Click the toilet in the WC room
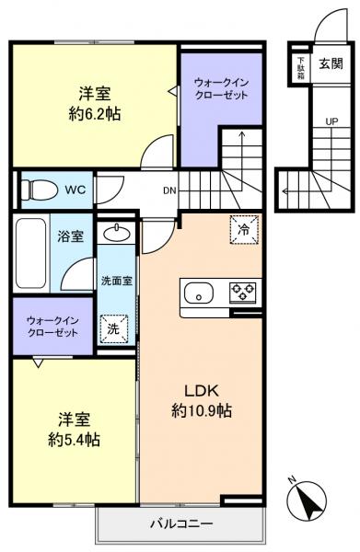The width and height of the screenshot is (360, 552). pos(37,191)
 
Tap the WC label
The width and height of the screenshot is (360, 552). pos(75,191)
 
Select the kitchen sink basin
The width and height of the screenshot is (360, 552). pos(198,293)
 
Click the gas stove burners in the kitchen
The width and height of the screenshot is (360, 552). pos(244,293)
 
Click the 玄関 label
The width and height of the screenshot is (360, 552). pos(331,63)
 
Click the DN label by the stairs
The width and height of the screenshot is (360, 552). pos(168,191)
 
